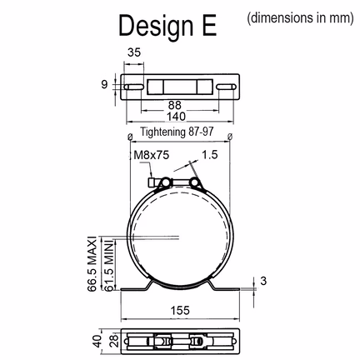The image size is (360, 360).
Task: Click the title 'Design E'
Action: pyautogui.click(x=167, y=26)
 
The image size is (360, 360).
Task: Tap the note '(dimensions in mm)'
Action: pyautogui.click(x=300, y=18)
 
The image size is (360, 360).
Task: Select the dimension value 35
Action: pyautogui.click(x=134, y=52)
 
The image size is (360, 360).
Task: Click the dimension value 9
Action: pyautogui.click(x=104, y=84)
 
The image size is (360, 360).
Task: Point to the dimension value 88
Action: pyautogui.click(x=175, y=105)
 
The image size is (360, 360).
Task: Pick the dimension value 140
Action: pyautogui.click(x=176, y=117)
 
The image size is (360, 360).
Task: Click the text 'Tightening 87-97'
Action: pyautogui.click(x=177, y=132)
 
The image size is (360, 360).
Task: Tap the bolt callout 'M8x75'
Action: pyautogui.click(x=152, y=155)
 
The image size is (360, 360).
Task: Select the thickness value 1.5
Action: pyautogui.click(x=209, y=154)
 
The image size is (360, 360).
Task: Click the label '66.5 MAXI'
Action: pyautogui.click(x=92, y=263)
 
